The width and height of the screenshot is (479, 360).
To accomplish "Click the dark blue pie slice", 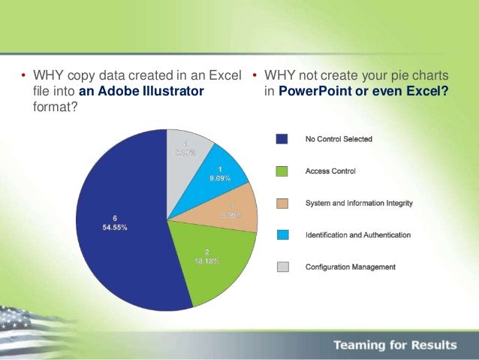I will (120, 225).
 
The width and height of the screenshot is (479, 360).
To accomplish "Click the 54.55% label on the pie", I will (110, 226).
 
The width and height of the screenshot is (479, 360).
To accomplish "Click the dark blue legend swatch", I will (282, 139).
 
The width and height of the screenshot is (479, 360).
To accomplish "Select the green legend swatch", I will (282, 171).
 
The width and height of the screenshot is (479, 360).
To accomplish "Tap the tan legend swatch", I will (282, 203).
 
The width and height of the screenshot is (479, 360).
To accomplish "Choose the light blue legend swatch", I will (282, 235).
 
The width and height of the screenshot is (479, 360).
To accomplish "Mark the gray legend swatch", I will (282, 267).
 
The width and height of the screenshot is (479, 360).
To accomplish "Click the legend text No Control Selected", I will (338, 139).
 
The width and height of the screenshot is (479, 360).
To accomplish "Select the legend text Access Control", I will (330, 171).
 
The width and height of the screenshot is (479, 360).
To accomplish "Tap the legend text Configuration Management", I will (350, 267).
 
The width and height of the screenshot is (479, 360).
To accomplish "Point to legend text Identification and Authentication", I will (357, 235).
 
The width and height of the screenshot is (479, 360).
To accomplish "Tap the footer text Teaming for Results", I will (396, 345).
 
